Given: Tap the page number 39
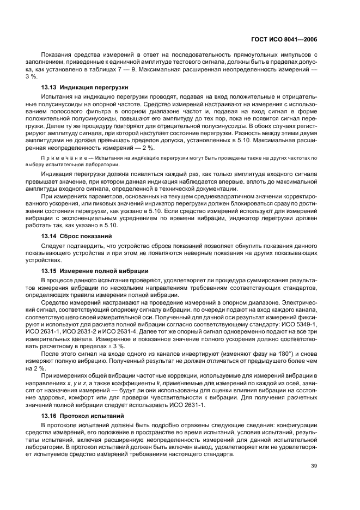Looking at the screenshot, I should click(314, 466).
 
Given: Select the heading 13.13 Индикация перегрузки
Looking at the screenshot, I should click(84, 87).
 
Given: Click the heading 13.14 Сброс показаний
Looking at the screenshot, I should click(77, 236).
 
